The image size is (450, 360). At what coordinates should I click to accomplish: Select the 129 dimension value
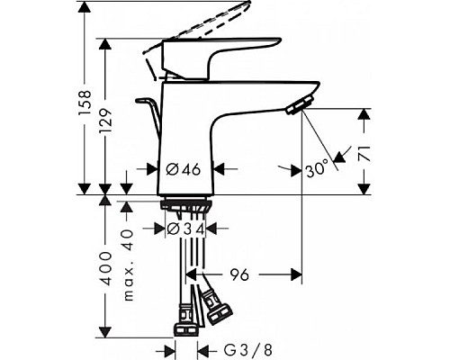(x=107, y=118)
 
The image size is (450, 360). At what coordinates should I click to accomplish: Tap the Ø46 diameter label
(x=184, y=167)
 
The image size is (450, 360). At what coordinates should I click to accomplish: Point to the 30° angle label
(x=315, y=167)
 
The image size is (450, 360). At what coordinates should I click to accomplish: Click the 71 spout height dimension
(x=364, y=150)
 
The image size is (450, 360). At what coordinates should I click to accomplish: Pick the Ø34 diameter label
(x=186, y=229)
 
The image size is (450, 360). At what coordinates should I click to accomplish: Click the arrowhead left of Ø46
(x=154, y=167)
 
